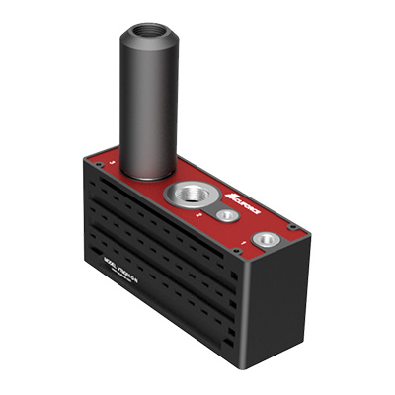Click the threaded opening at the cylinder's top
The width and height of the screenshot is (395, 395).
pos(149,33)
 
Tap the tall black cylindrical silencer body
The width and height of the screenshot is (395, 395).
pos(149,109)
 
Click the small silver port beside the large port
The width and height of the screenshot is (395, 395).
pos(227,214)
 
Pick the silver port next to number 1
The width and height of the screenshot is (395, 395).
pos(265,238)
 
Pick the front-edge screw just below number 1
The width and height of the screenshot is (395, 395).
pos(238,252)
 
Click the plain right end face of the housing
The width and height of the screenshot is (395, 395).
pos(276,306)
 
